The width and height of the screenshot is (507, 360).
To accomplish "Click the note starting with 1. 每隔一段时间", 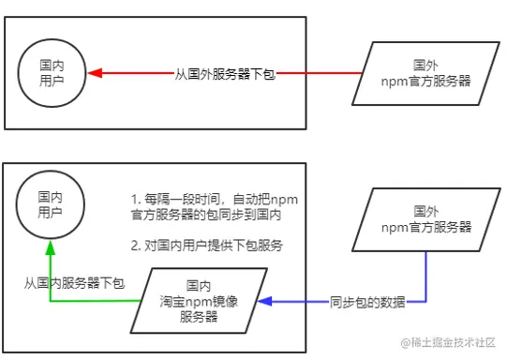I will tap(206, 207).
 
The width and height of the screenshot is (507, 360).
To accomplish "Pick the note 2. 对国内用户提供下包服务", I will tap(205, 246).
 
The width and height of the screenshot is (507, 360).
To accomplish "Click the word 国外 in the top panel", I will tap(425, 65).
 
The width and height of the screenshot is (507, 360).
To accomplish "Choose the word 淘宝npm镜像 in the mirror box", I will tap(198, 301).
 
